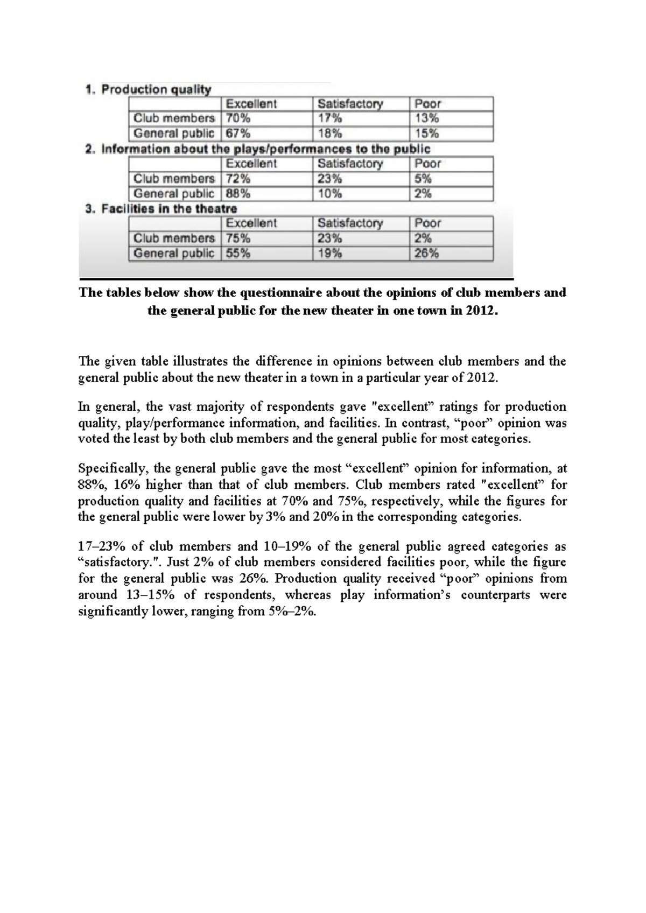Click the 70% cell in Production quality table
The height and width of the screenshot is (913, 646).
[238, 118]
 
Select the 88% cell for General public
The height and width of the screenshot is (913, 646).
[238, 194]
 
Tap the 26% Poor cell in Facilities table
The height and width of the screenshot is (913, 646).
[426, 254]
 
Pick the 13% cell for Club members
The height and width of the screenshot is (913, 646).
[426, 118]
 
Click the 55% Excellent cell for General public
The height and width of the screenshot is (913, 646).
[238, 254]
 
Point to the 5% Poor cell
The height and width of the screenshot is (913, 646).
[423, 179]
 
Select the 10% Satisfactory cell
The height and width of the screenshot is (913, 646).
[329, 194]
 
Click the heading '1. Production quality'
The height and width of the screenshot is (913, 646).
[149, 89]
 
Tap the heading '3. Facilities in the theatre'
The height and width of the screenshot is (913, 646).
[161, 209]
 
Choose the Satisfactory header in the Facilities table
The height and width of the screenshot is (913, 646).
[350, 223]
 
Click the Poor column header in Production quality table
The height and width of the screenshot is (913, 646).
[427, 104]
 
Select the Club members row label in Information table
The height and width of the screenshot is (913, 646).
[174, 179]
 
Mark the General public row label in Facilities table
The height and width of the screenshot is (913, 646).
[174, 254]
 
